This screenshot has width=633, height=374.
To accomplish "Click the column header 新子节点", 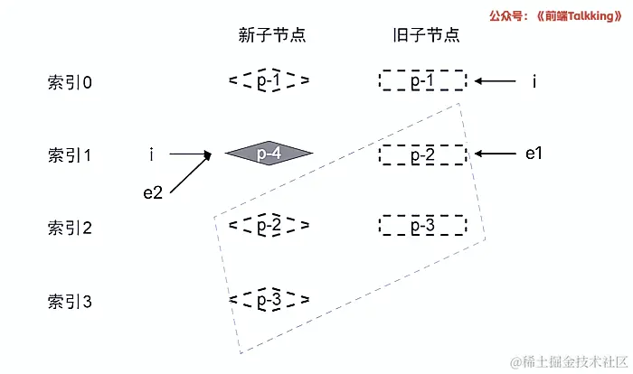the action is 271,35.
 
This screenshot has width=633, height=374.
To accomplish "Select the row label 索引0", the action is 71,82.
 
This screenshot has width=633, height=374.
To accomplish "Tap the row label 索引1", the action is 71,154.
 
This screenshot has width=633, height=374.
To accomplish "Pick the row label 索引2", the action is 71,228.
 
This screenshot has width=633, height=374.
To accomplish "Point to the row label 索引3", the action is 71,301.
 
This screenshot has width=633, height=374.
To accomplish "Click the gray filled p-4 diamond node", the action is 269,154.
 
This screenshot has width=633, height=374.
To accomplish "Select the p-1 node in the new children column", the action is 269,81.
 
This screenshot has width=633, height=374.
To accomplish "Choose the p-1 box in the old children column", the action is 422,81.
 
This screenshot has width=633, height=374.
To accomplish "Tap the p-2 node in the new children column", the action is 269,223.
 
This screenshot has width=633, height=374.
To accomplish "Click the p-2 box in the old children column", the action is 422,154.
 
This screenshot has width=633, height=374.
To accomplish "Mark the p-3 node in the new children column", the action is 269,298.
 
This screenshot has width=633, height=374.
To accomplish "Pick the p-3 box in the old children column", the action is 422,224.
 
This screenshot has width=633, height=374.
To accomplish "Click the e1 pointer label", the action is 534,154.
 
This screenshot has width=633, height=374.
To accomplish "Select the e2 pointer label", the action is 152,192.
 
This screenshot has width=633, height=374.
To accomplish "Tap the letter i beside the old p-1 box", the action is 534,82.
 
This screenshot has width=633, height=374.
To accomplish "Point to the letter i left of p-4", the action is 150,154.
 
